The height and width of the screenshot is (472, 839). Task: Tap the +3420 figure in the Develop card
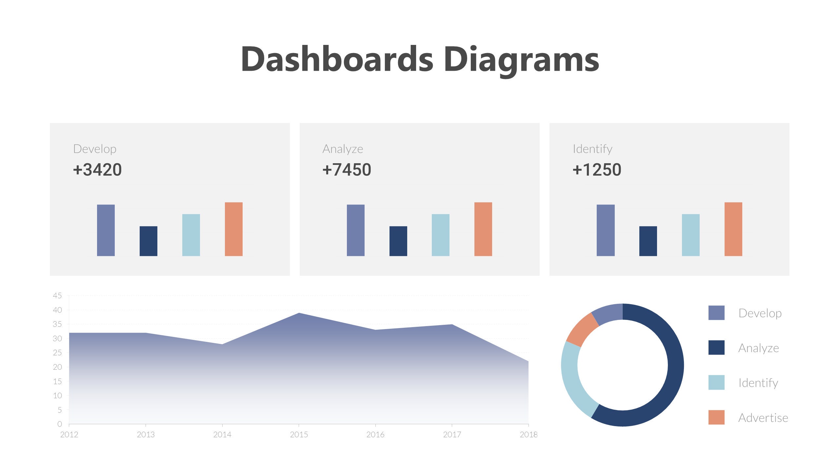tap(97, 170)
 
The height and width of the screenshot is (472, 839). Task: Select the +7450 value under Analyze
tap(347, 170)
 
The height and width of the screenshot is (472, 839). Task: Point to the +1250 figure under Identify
tap(597, 170)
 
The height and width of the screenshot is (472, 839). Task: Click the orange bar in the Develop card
tap(233, 229)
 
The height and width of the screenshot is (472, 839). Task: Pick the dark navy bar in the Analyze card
tap(398, 241)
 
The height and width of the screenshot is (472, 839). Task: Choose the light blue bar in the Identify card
tap(690, 235)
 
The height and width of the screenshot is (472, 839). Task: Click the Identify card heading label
tap(592, 149)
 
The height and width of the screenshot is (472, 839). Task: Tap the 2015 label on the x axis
tap(299, 435)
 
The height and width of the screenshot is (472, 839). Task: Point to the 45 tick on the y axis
tap(57, 296)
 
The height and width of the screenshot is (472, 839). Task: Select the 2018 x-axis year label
tap(529, 435)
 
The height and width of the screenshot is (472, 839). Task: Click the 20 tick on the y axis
tap(57, 367)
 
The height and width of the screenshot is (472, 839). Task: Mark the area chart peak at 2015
tap(299, 314)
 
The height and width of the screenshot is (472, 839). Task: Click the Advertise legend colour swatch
tap(716, 417)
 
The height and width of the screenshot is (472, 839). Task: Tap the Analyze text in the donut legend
tap(758, 348)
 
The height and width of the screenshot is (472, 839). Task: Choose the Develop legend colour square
tap(716, 313)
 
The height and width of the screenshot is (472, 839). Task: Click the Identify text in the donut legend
tap(758, 383)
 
